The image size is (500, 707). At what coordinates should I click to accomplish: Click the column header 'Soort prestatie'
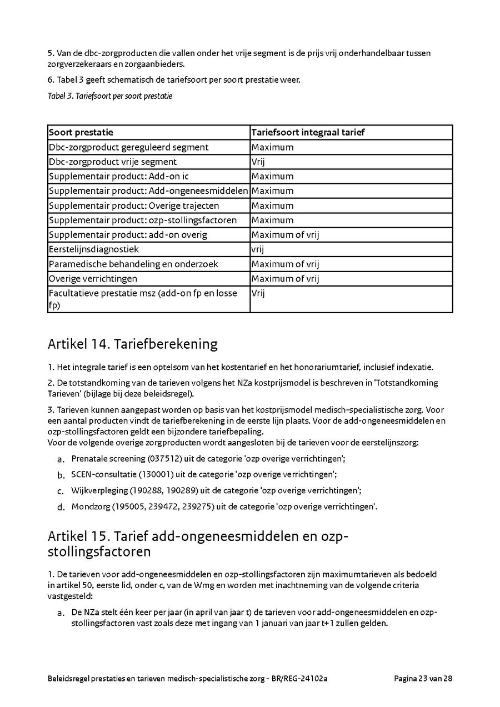click(81, 133)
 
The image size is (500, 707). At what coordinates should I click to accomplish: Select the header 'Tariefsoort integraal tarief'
click(308, 133)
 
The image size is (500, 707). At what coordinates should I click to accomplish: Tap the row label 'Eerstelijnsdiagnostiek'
click(94, 249)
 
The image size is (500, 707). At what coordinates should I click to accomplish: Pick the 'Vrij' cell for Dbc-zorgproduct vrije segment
click(258, 162)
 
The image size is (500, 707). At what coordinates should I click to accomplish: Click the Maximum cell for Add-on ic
click(272, 176)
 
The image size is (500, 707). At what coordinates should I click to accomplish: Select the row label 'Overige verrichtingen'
click(93, 278)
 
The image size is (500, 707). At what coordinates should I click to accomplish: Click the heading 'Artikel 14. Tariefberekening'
click(133, 344)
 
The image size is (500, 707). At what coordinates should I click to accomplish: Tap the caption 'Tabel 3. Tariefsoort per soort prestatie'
click(110, 96)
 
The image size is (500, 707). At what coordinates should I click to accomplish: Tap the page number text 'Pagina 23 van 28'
click(423, 679)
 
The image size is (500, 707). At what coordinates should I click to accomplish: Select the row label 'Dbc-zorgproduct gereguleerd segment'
click(129, 147)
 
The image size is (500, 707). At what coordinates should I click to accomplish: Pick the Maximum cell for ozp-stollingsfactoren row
click(272, 220)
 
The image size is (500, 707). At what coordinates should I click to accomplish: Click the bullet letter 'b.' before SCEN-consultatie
click(61, 475)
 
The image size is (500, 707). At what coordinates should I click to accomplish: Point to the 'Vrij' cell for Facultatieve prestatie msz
click(258, 293)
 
